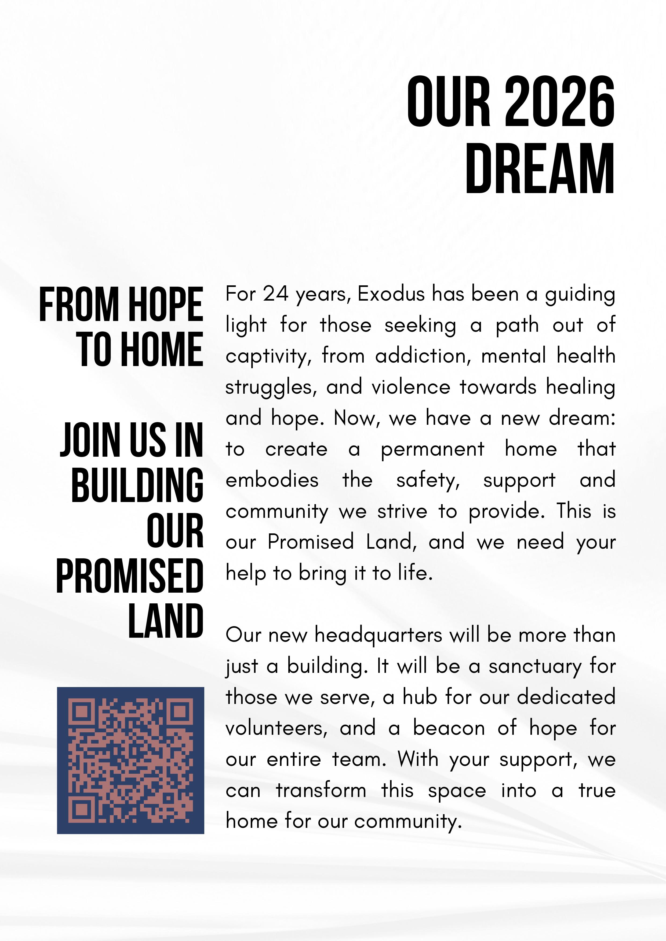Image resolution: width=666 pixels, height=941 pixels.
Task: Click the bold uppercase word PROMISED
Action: [x=130, y=575]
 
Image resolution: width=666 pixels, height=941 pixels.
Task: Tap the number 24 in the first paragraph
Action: [x=276, y=294]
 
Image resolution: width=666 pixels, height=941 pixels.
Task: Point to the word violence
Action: [x=411, y=387]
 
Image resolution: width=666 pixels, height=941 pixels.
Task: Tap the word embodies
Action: [x=272, y=480]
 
